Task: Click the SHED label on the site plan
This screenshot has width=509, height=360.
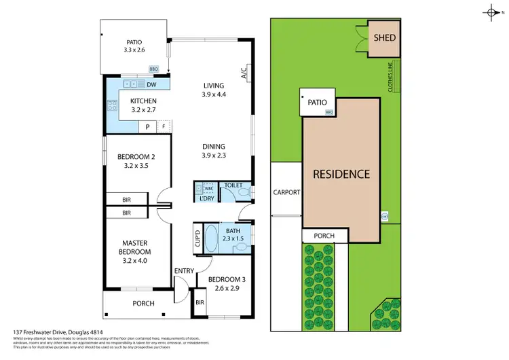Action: pos(384,38)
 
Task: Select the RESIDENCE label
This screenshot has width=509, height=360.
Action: pos(341,174)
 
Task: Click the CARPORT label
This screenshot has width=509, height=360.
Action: pos(286,192)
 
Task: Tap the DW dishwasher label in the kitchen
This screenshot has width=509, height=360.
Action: pos(151,85)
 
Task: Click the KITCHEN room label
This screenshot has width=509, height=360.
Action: pos(143,103)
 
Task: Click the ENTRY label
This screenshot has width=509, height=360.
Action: pos(183,271)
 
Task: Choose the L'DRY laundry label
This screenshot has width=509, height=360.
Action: pos(206,198)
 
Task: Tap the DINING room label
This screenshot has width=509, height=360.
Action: pos(213,146)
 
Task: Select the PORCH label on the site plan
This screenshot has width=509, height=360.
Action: pos(324,236)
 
